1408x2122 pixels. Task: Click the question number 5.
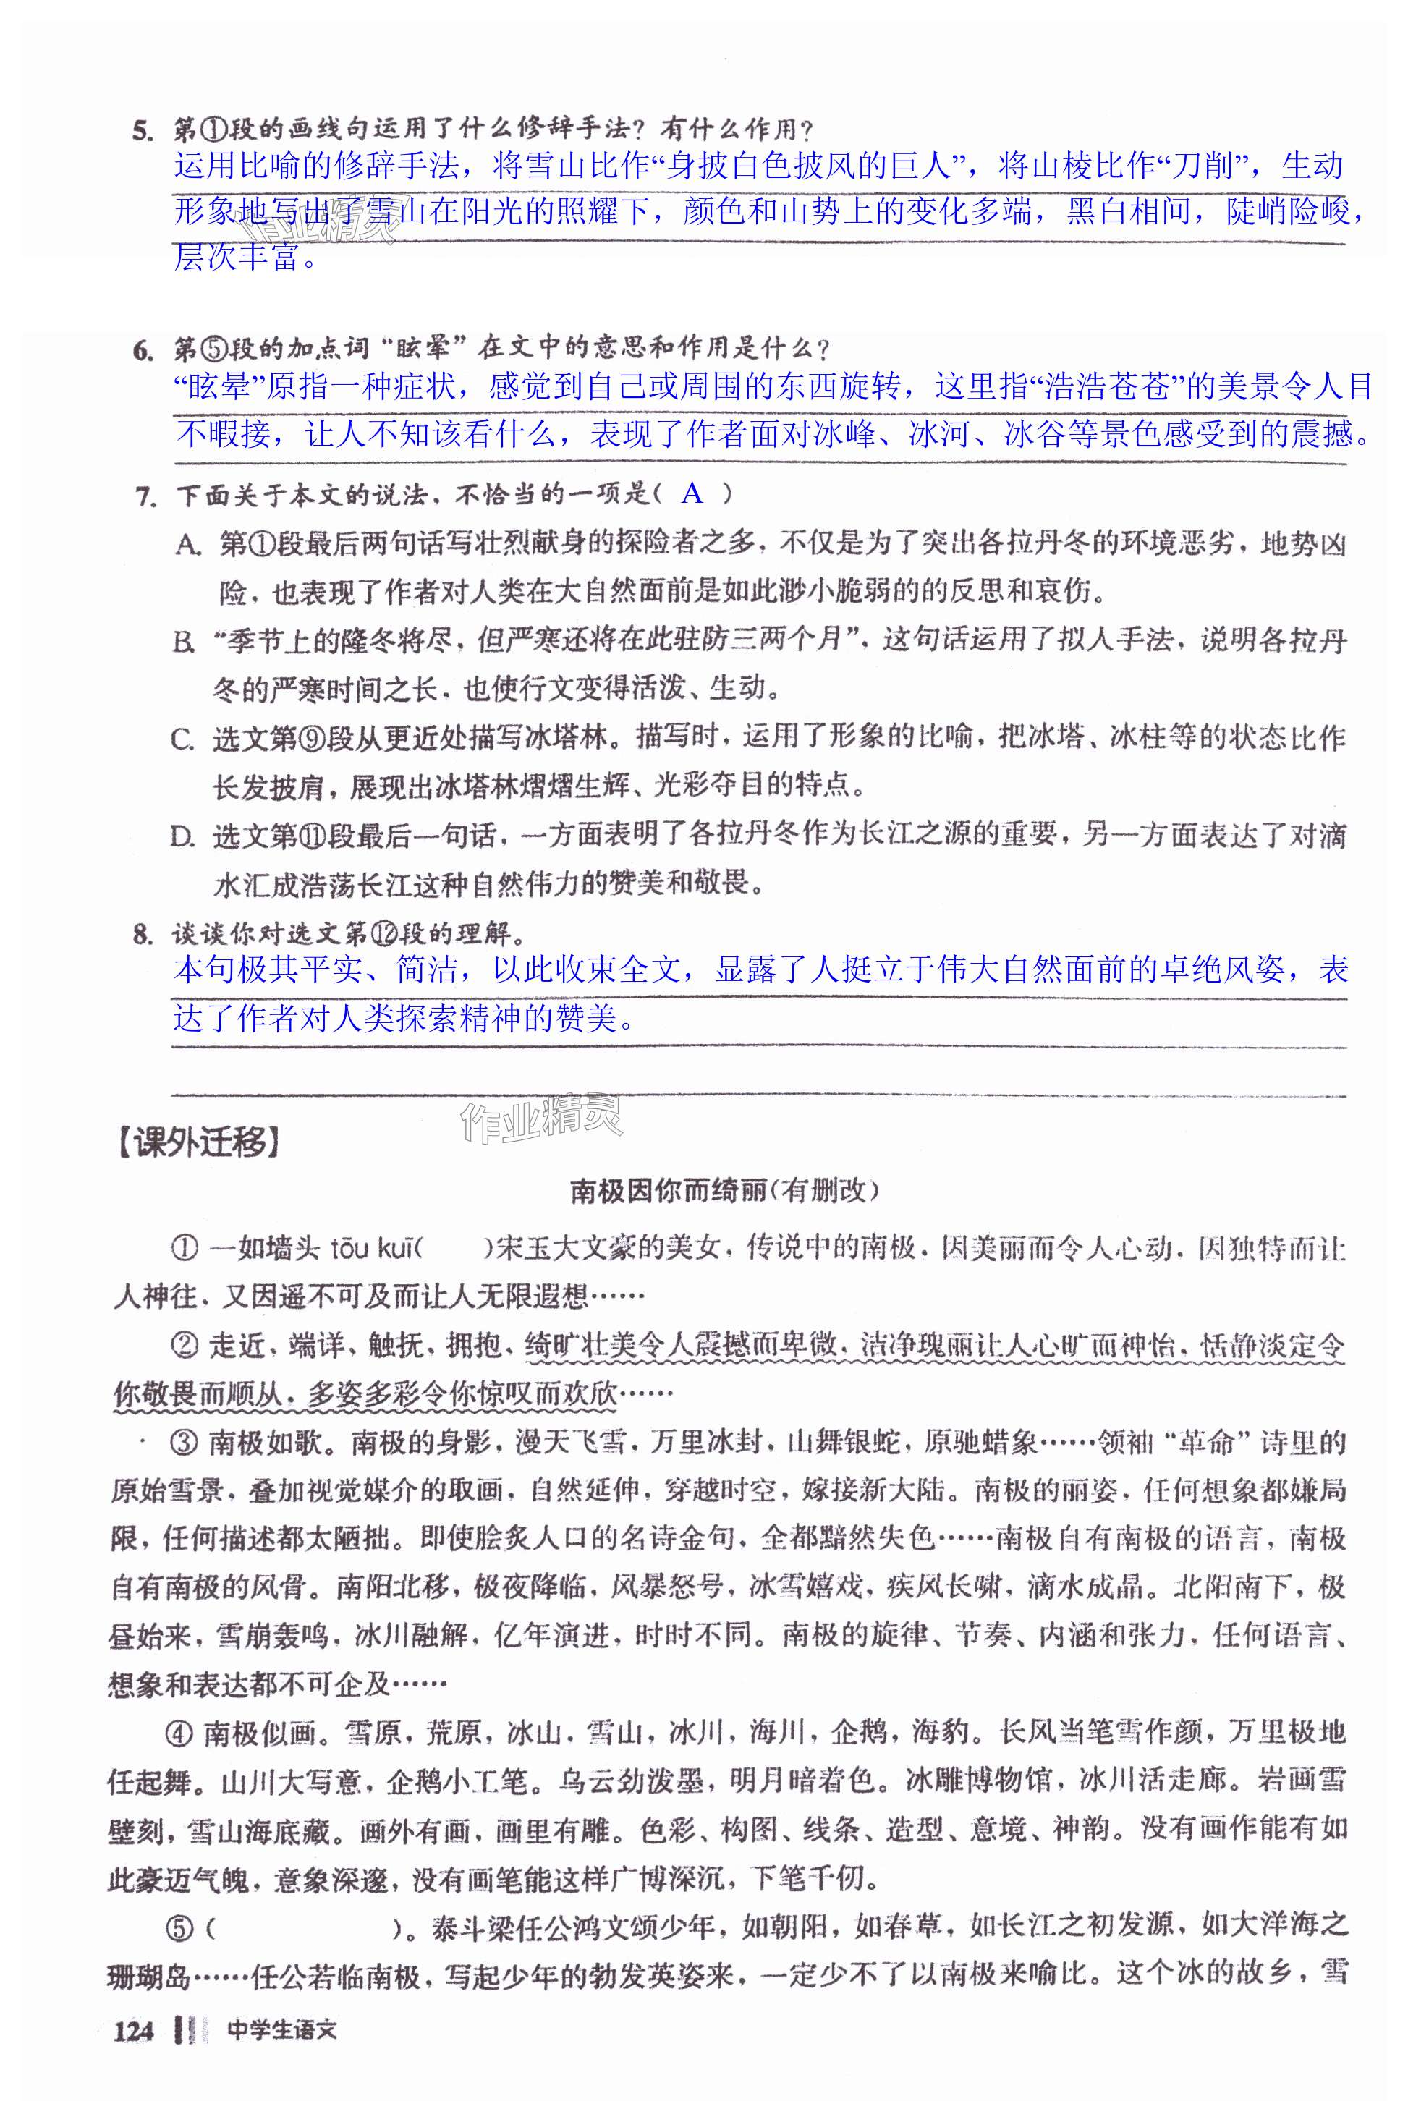click(143, 131)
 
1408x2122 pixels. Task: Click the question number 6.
click(143, 351)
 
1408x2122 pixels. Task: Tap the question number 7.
click(145, 496)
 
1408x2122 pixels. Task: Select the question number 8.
click(143, 935)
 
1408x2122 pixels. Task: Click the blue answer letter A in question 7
click(692, 493)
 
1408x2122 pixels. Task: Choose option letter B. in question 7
click(184, 641)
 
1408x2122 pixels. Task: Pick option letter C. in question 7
click(183, 739)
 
